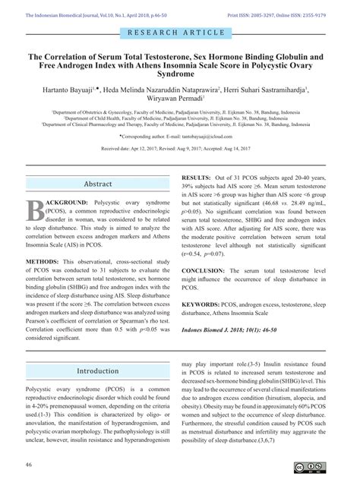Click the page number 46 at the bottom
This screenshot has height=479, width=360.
pos(29,465)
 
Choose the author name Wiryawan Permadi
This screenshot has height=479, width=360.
pos(179,100)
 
